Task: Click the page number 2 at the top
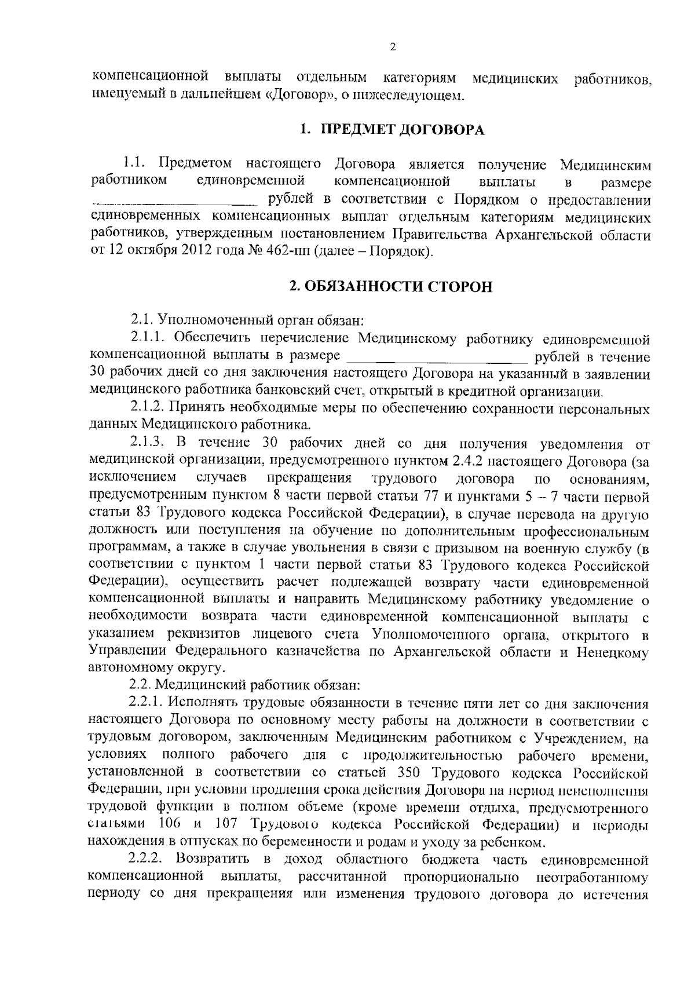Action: [393, 47]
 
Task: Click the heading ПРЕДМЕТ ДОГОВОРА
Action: [403, 130]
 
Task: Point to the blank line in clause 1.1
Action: [174, 202]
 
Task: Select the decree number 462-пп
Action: [287, 253]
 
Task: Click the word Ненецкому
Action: [612, 652]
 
